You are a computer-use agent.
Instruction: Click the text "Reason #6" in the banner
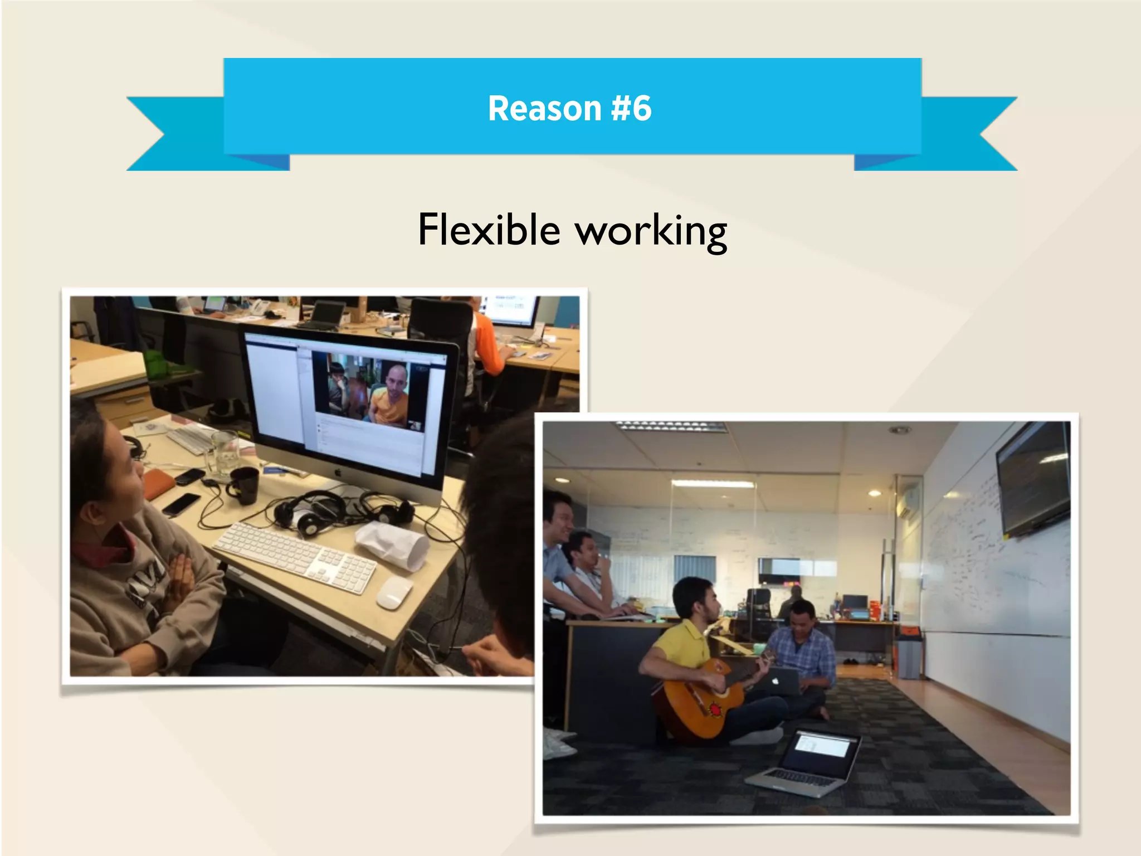click(x=569, y=108)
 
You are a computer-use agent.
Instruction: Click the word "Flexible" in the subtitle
click(x=489, y=230)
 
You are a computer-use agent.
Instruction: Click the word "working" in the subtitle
click(x=651, y=232)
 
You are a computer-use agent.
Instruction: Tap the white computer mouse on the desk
click(x=394, y=592)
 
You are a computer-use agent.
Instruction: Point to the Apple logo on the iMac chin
click(x=338, y=473)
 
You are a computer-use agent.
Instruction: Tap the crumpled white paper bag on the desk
click(x=393, y=544)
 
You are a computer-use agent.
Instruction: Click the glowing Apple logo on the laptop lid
click(x=775, y=682)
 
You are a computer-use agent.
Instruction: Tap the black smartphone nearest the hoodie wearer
click(x=181, y=504)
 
